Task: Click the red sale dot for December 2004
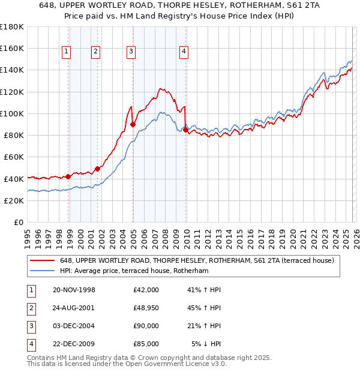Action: click(133, 125)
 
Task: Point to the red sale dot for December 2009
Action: click(186, 130)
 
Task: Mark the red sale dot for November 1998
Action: click(68, 176)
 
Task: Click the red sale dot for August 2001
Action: click(97, 169)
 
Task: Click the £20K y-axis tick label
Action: click(13, 200)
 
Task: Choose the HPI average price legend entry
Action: click(134, 271)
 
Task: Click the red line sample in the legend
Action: click(43, 260)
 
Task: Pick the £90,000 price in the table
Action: click(146, 326)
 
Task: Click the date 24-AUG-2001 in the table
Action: click(74, 308)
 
